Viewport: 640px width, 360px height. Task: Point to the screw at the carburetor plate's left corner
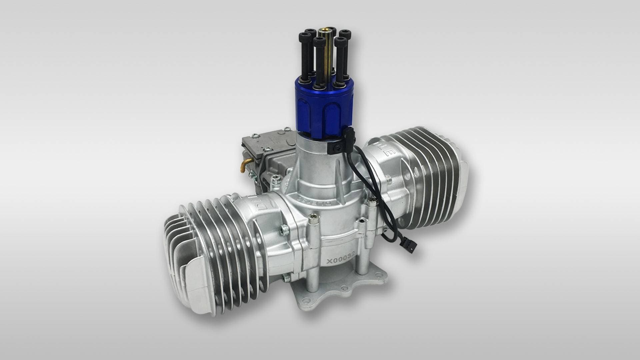pyautogui.click(x=255, y=135)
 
